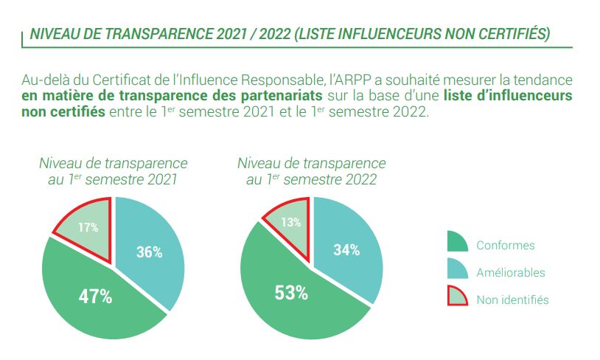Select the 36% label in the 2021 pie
(x=149, y=252)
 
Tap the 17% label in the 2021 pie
(x=88, y=227)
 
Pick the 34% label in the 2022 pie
(x=346, y=250)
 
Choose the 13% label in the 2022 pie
(x=291, y=223)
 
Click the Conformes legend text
(x=506, y=245)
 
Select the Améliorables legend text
(x=511, y=272)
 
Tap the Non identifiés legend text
(x=512, y=299)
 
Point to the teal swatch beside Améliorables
(x=457, y=269)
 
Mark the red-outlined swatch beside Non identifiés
(x=457, y=296)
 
